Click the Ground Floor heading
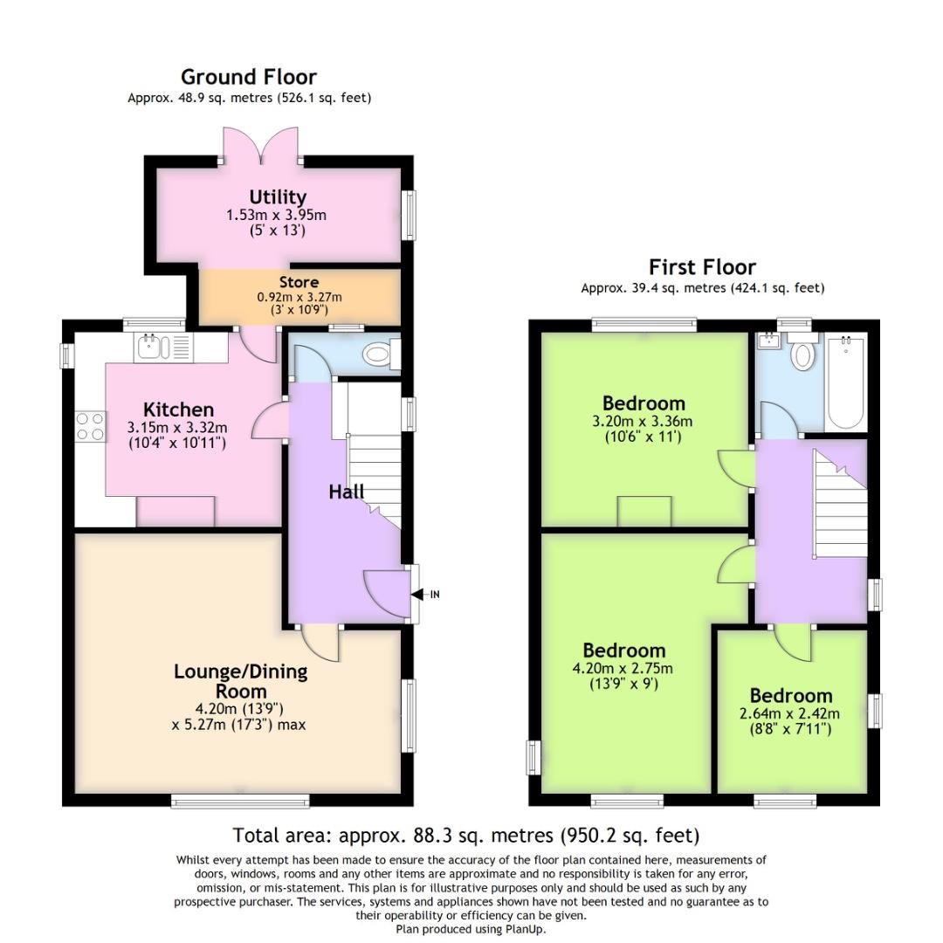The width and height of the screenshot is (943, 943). click(248, 77)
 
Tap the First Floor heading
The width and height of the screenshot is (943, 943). click(702, 267)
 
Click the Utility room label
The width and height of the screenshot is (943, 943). click(278, 197)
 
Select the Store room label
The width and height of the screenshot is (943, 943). click(299, 282)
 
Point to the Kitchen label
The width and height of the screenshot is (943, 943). click(179, 410)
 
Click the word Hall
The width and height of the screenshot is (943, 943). click(347, 492)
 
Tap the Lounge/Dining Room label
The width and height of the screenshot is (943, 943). click(241, 681)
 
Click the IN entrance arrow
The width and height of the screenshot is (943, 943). click(426, 595)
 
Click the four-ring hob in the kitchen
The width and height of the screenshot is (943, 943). click(90, 426)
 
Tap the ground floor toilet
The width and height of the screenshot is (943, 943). click(382, 354)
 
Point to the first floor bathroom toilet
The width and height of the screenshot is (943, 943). click(802, 351)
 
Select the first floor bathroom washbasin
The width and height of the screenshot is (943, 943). click(768, 341)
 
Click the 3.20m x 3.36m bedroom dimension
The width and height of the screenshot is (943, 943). click(643, 421)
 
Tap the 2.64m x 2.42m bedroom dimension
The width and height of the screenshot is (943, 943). click(789, 714)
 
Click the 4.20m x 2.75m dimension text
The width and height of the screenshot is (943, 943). click(623, 668)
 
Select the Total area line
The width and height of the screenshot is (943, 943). click(466, 836)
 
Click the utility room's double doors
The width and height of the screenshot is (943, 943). click(260, 145)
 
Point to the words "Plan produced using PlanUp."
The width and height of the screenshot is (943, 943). click(471, 929)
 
